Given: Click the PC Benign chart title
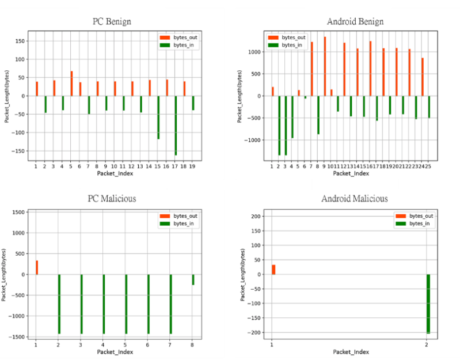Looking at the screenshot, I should [112, 22].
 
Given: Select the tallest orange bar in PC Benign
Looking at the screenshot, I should [71, 84].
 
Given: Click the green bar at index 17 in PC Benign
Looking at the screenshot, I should [176, 125].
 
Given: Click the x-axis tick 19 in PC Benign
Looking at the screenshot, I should [192, 166].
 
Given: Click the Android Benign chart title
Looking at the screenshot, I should [355, 22].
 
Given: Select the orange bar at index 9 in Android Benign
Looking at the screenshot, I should [325, 66].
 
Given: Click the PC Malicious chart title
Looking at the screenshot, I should [113, 199].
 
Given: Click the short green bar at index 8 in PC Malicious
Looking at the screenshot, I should [193, 279].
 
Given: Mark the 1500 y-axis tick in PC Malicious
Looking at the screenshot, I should [17, 213].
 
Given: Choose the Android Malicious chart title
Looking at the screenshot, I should [354, 199].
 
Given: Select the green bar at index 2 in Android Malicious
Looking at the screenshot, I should [428, 304].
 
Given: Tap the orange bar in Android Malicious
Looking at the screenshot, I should [273, 270].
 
